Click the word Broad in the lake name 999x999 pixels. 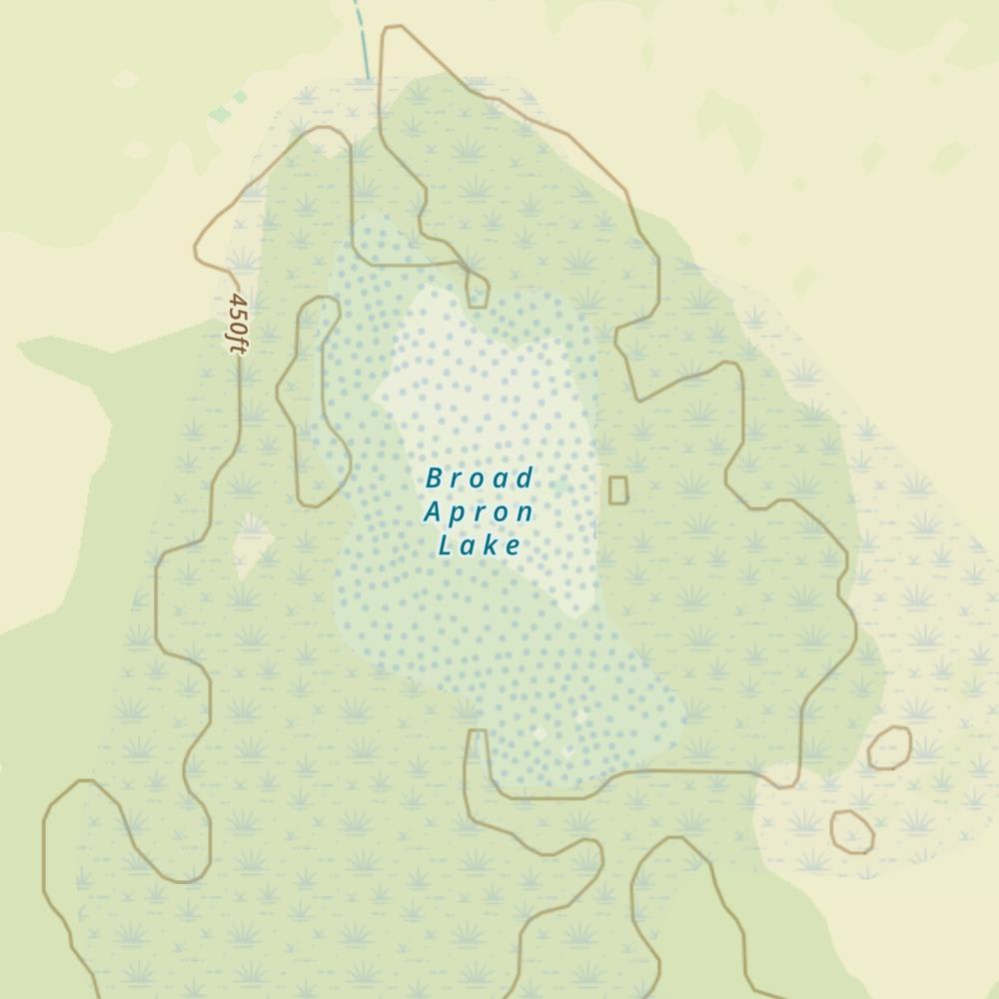coord(480,479)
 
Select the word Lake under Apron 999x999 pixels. coord(480,545)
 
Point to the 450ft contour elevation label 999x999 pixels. coord(237,323)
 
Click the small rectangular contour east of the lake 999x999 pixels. coord(618,490)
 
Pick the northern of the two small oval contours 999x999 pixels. coord(889,747)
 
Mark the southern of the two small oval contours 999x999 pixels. coord(852,831)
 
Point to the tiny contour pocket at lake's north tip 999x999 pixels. coord(478,290)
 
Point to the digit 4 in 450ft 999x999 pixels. coord(238,301)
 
